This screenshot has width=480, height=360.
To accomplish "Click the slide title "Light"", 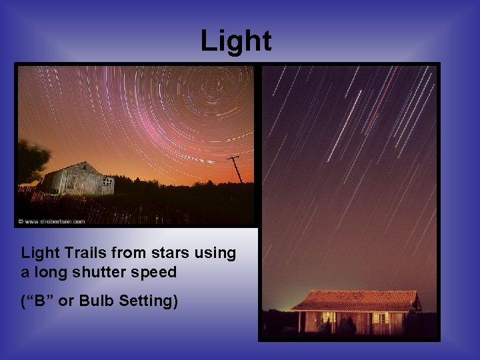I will click(236, 41).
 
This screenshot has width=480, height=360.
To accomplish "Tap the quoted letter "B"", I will click(38, 301).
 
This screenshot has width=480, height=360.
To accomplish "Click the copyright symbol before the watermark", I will click(20, 221).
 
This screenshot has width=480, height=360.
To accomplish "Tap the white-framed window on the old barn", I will click(107, 181).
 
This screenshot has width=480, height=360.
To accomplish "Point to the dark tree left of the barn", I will click(31, 161).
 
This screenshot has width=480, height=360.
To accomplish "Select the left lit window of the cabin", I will click(329, 317).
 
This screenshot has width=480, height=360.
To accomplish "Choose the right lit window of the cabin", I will click(381, 318).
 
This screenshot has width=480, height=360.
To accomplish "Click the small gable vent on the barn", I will click(83, 167).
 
